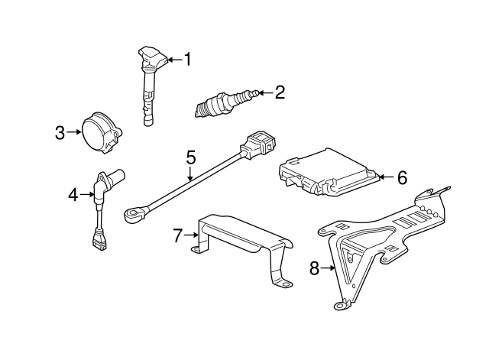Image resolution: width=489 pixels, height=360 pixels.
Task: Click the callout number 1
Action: (186, 59)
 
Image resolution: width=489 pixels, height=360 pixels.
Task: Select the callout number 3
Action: (60, 133)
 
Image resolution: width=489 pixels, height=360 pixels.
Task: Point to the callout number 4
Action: (73, 196)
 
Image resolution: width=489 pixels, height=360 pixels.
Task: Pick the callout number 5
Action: (191, 157)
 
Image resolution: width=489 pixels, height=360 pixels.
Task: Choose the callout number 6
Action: (402, 177)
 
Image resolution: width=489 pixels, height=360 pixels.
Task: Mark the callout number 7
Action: (178, 236)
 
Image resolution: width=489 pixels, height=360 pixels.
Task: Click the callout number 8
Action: (313, 268)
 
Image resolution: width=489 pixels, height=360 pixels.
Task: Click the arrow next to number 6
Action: (386, 177)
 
